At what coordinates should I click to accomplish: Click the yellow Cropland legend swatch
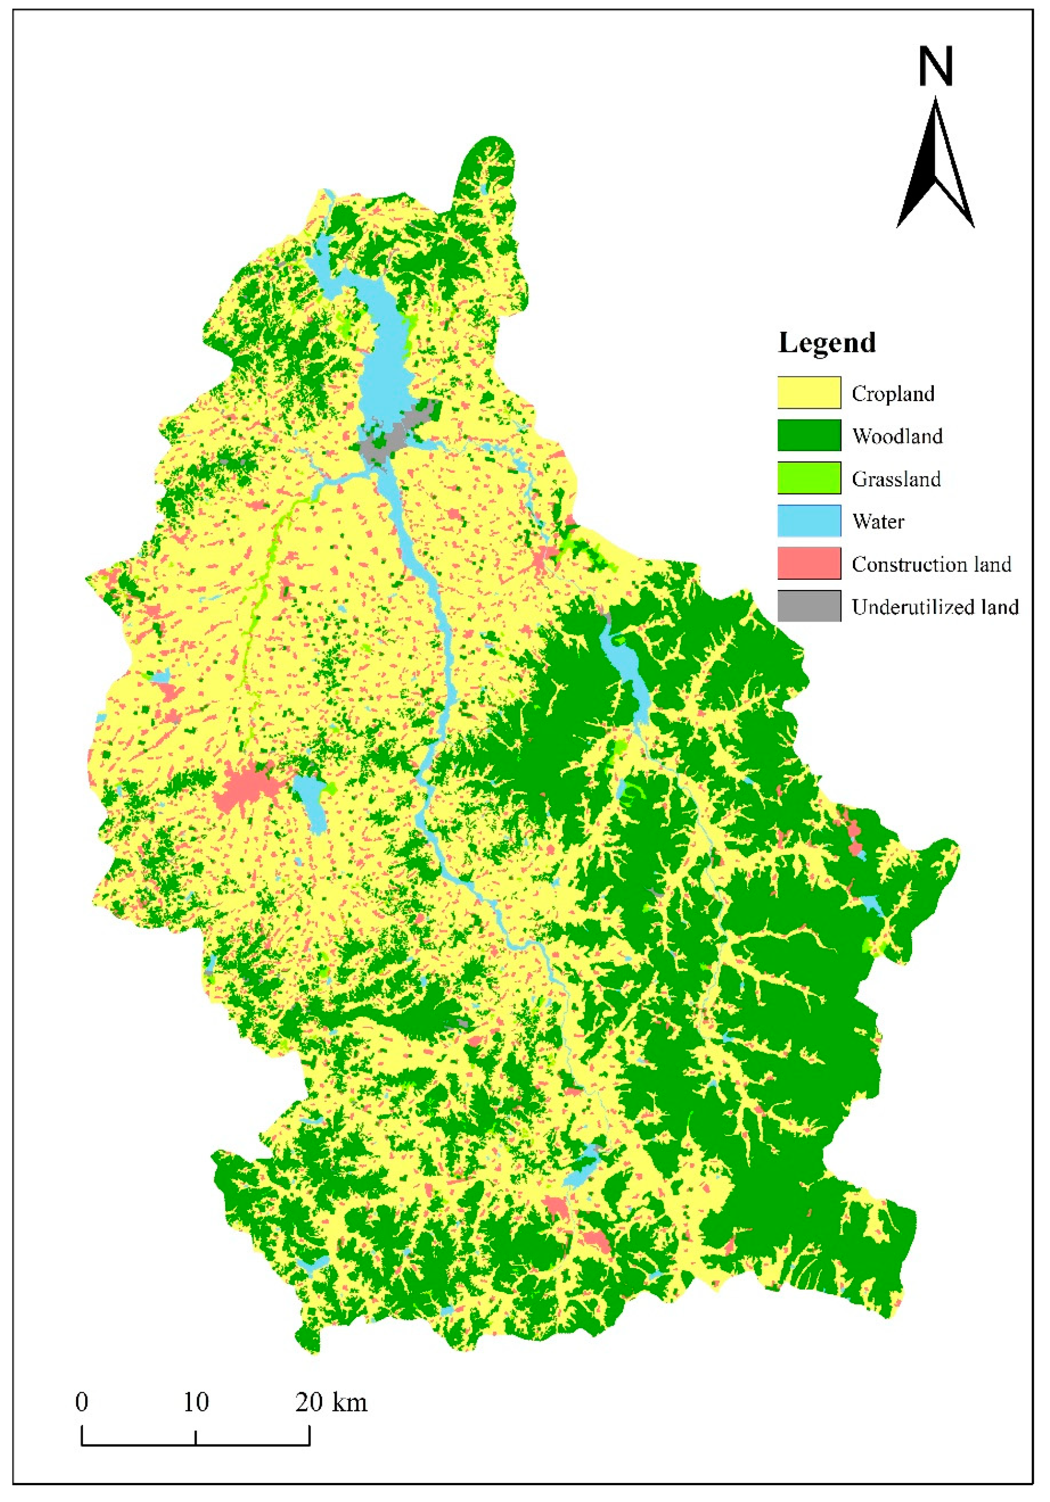coord(808,392)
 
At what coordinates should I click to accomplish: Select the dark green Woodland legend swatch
coord(808,435)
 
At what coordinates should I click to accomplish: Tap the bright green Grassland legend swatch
coord(808,478)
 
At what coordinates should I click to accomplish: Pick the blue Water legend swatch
coord(808,521)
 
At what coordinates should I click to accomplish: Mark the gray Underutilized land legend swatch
coord(808,606)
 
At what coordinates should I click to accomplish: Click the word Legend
coord(827,343)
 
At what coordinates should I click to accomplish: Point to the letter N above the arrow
coord(935,67)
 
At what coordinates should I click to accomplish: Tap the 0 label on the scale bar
coord(82,1403)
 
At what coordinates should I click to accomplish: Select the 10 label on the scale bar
coord(195,1403)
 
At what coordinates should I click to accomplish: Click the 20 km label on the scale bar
coord(331,1403)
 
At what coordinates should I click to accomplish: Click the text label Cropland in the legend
coord(893,394)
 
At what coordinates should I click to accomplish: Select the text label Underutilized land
coord(935,607)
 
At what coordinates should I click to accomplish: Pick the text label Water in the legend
coord(878,521)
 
